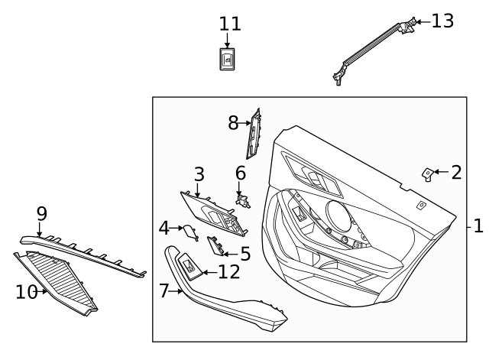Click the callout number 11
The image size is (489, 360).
click(229, 24)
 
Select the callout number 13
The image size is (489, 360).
click(442, 21)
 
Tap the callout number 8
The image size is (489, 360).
click(234, 122)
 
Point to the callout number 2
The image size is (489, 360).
click(456, 172)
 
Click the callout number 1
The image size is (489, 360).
click(478, 227)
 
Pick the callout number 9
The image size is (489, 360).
click(41, 212)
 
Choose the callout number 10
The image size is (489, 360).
click(26, 291)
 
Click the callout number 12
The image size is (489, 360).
click(228, 271)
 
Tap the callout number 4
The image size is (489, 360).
click(164, 227)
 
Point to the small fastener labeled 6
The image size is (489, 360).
click(244, 200)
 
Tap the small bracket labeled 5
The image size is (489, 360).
click(215, 245)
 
